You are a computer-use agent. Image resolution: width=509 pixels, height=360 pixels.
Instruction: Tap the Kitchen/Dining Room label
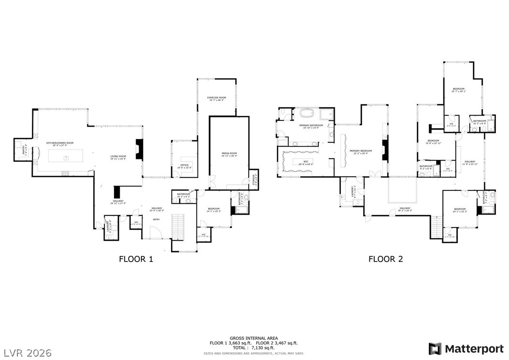tap(60, 144)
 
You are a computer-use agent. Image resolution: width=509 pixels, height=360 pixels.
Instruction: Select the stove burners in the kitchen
tap(65, 173)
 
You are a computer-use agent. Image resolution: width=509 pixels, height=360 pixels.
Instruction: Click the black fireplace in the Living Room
tap(140, 149)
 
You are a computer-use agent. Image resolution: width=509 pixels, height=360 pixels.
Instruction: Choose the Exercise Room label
tap(217, 99)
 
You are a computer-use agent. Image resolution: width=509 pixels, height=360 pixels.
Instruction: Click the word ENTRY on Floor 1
tap(156, 219)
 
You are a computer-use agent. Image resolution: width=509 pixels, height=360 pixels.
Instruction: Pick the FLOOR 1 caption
tap(136, 259)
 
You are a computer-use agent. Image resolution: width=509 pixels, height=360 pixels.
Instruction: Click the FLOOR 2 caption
tap(386, 259)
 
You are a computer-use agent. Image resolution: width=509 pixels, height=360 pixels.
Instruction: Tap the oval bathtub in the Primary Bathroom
tap(307, 115)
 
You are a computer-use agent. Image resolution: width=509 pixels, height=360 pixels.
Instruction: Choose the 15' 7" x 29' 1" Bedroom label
tap(458, 90)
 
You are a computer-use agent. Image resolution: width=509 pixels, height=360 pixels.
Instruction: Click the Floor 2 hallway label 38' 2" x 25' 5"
tap(404, 210)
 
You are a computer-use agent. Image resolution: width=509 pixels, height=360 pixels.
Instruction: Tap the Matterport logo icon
tap(435, 348)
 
